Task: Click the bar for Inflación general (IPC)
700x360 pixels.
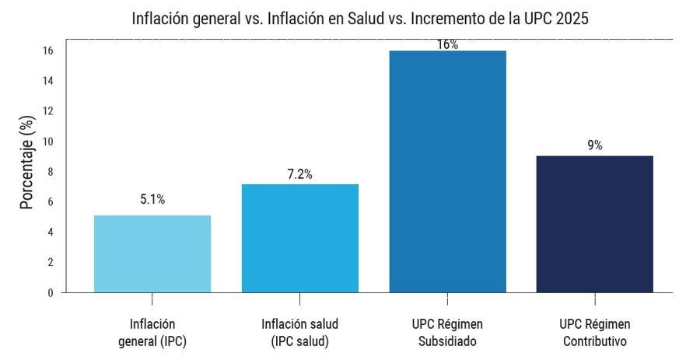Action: (x=152, y=253)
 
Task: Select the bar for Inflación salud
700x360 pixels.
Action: (x=300, y=238)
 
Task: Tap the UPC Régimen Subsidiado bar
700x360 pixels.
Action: (x=447, y=171)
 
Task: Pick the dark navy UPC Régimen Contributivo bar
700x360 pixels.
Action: (x=595, y=224)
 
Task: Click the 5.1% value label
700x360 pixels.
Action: (x=152, y=200)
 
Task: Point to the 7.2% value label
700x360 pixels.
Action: (x=299, y=175)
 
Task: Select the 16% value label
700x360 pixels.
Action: (x=447, y=45)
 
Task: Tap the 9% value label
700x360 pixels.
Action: (x=595, y=145)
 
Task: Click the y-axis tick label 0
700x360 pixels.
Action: (x=50, y=293)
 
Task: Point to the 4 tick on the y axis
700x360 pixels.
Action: (x=50, y=232)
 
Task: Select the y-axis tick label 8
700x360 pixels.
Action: (x=50, y=172)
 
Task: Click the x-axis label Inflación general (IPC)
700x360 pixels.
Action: (x=152, y=333)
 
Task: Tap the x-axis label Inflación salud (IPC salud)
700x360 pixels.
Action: (x=300, y=333)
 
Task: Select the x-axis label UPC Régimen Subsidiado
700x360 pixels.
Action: (x=447, y=333)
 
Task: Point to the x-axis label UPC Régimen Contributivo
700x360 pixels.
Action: (x=595, y=333)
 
